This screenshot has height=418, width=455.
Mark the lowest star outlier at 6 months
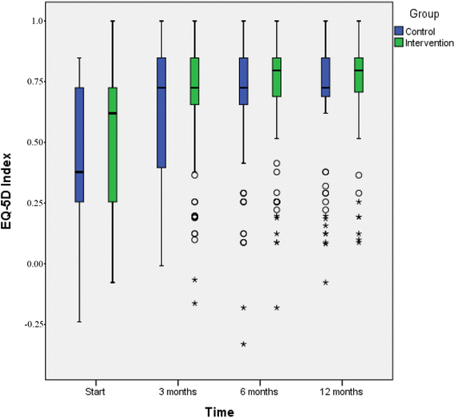point(243,344)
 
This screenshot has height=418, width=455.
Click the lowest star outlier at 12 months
point(326,282)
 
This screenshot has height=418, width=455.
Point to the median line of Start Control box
point(79,172)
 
